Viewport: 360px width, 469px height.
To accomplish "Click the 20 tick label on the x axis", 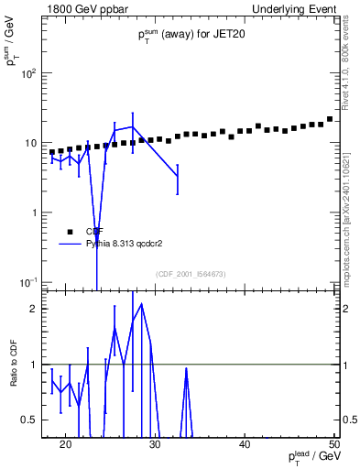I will [x=65, y=444].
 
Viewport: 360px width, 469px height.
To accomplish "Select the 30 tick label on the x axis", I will [x=155, y=444].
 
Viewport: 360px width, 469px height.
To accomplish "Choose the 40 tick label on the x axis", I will [x=245, y=444].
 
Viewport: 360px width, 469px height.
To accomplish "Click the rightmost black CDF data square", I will [x=330, y=119].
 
